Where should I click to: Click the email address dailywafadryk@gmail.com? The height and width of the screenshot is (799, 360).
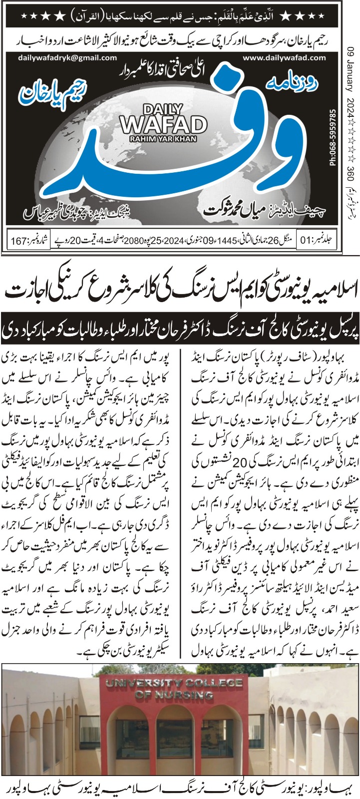(67, 58)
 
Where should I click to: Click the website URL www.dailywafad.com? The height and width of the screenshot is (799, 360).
(284, 58)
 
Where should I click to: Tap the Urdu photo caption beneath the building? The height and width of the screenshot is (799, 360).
(180, 786)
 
